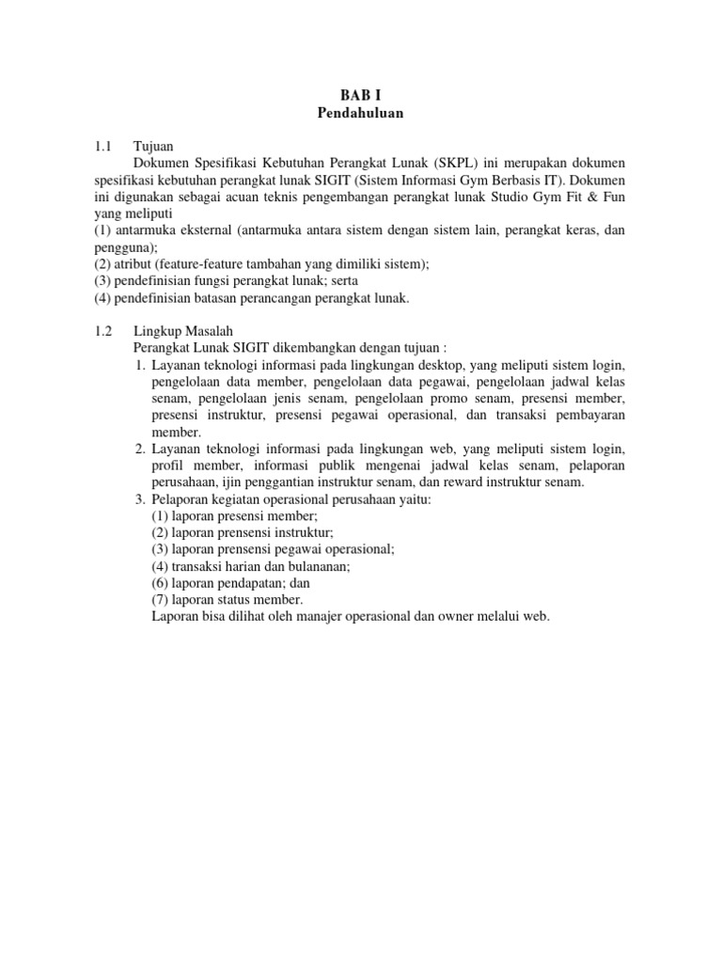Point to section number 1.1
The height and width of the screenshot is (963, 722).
103,147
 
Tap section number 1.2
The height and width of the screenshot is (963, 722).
103,331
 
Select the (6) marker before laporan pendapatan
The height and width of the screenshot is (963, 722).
160,583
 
